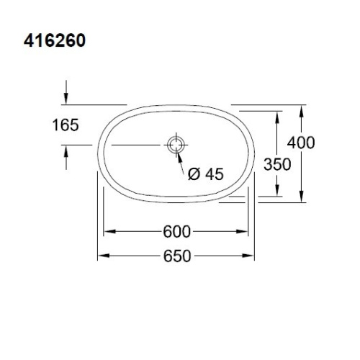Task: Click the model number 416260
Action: click(x=55, y=40)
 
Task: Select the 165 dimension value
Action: click(x=66, y=125)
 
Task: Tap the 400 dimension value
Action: click(x=301, y=143)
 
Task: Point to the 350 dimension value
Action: click(x=277, y=164)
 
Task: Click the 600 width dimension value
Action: click(x=177, y=232)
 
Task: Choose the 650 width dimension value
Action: click(x=177, y=256)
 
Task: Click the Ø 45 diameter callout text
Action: click(x=206, y=174)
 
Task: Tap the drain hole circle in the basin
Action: click(x=176, y=145)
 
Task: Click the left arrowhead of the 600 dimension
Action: click(x=110, y=232)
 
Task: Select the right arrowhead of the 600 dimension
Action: click(x=241, y=232)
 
